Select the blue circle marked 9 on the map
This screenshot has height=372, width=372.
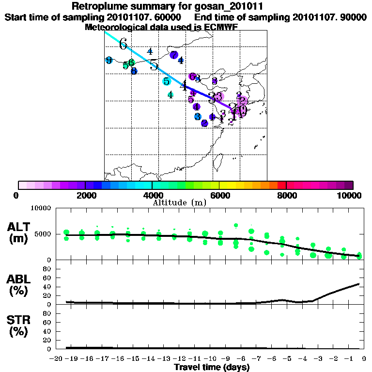tap(109, 60)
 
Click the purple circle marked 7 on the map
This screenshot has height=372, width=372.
tap(174, 55)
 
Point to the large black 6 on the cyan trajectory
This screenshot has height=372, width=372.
tap(123, 44)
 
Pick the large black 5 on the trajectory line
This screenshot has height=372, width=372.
tap(154, 65)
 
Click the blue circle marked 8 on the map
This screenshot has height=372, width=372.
tap(134, 71)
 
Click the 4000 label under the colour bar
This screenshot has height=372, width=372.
tap(152, 195)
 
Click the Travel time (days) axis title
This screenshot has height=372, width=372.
tap(212, 367)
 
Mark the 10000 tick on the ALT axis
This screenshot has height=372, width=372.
tap(41, 209)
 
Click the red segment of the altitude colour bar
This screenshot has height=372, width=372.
tap(281, 185)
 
